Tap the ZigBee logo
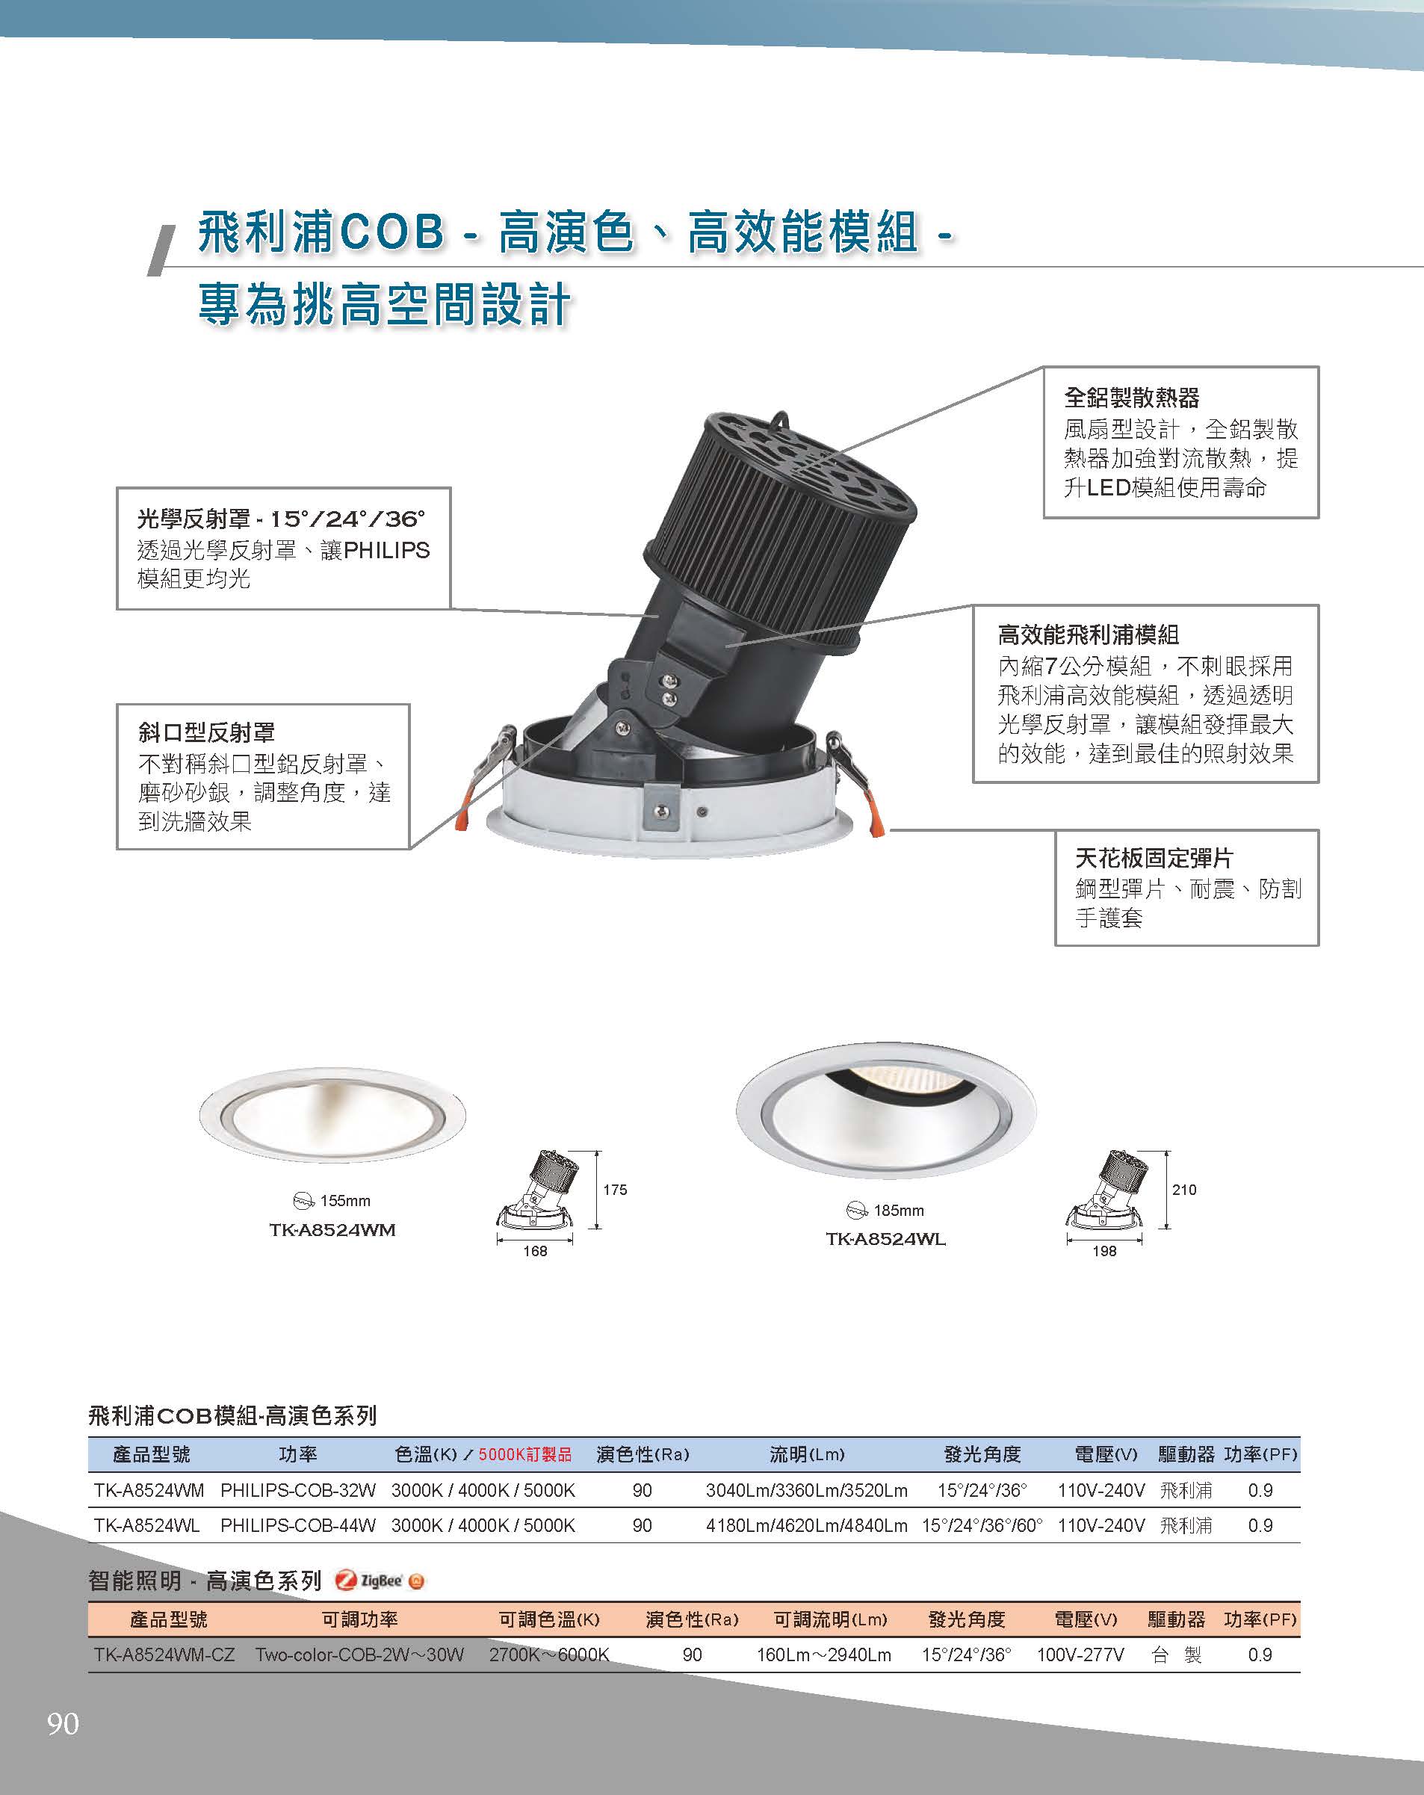(380, 1581)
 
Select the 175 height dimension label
(615, 1190)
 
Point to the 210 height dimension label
(1183, 1190)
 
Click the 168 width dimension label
(534, 1250)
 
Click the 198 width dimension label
(1103, 1250)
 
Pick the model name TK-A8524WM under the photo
(332, 1230)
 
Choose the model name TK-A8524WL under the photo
(885, 1239)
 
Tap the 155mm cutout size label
(344, 1201)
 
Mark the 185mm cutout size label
(898, 1210)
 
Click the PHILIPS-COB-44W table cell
(298, 1525)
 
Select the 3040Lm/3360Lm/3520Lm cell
(806, 1490)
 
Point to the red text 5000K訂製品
(525, 1454)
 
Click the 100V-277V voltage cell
(1080, 1655)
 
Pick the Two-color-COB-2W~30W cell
(359, 1655)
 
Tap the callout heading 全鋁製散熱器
(1131, 398)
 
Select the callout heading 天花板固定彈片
(1154, 858)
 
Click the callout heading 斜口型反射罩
(206, 732)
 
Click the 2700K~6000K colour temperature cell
(549, 1655)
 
